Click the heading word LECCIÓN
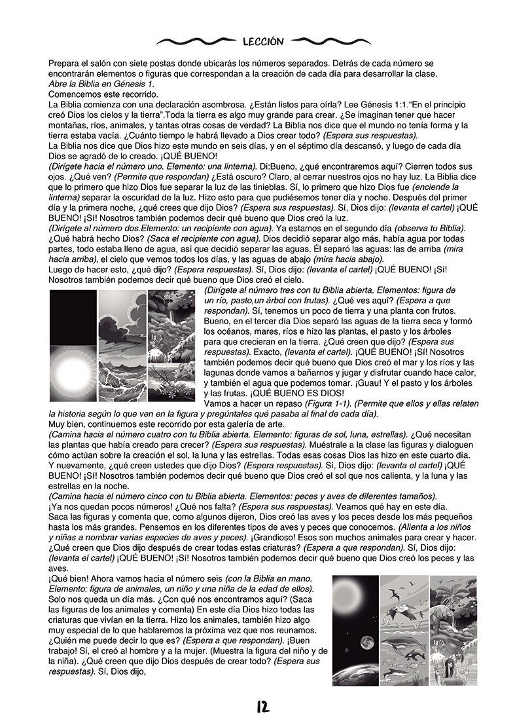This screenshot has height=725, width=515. click(x=262, y=41)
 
